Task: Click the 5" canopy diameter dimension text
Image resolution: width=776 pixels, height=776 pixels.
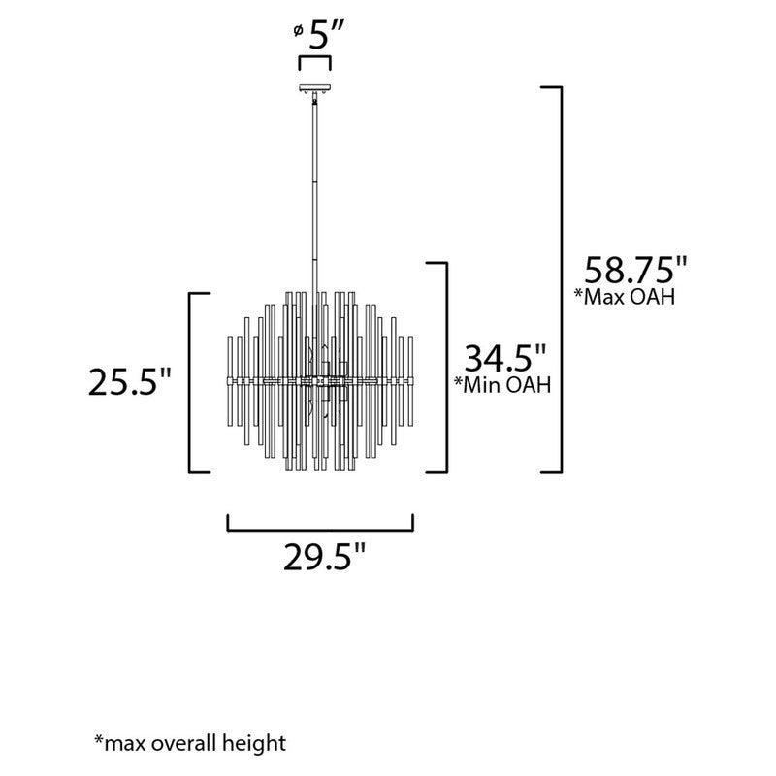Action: [x=325, y=36]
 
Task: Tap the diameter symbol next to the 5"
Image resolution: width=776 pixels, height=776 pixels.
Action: [x=298, y=31]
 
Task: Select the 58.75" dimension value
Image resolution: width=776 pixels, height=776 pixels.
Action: [x=635, y=271]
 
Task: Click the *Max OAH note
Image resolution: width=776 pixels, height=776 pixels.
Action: [x=624, y=297]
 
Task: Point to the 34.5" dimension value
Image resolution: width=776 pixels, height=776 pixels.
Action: [x=505, y=358]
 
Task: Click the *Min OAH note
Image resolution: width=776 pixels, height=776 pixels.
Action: [x=502, y=384]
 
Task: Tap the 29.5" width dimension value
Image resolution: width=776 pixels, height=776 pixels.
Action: [x=324, y=557]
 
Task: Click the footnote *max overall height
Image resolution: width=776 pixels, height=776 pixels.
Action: [x=190, y=744]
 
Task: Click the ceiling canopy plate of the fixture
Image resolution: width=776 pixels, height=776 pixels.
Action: [x=314, y=88]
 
